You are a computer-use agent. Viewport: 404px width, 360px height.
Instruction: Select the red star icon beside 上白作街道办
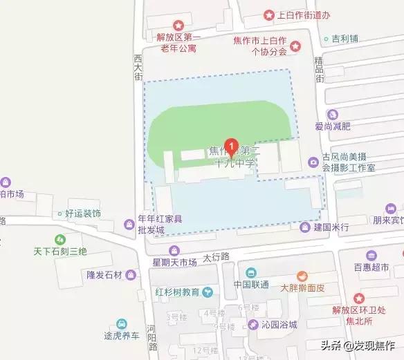click(x=269, y=14)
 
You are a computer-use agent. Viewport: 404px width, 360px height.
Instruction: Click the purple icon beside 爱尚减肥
click(x=333, y=114)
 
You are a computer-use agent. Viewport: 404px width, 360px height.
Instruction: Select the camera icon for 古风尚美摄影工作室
click(x=314, y=162)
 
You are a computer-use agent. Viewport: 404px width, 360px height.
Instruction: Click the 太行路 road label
click(x=216, y=256)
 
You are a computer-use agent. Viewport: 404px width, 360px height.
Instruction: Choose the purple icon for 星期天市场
click(x=174, y=250)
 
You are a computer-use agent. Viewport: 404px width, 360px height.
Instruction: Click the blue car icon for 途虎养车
click(x=122, y=323)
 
